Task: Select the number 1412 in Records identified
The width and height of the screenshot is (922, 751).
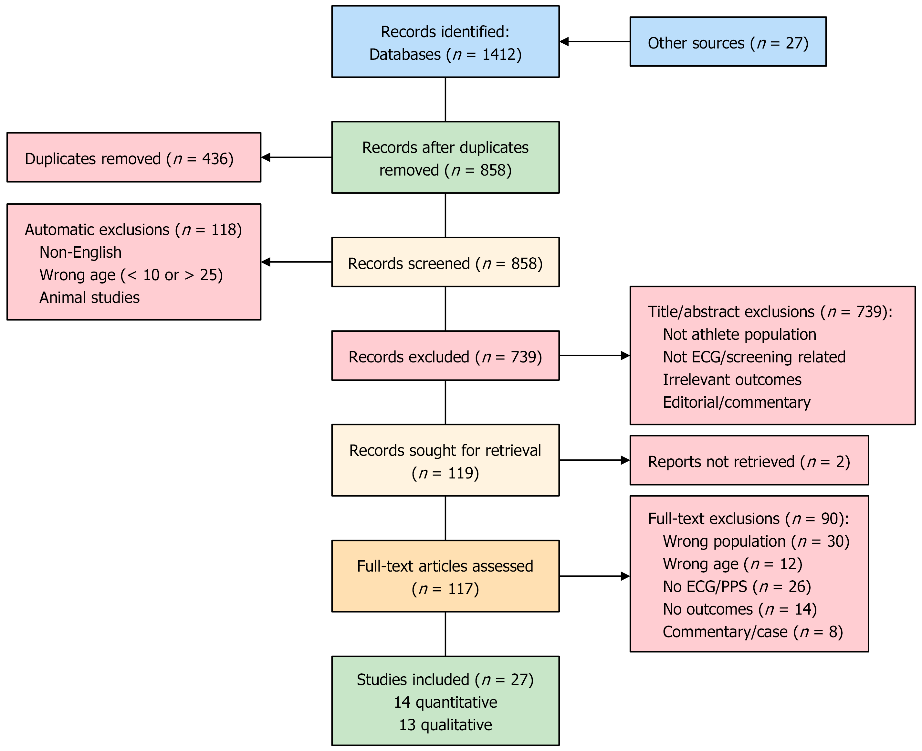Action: (x=499, y=55)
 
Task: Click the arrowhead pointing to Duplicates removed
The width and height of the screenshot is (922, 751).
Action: (x=266, y=157)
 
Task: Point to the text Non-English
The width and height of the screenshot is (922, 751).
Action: (x=80, y=252)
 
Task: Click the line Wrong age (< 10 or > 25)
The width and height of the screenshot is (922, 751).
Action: (x=131, y=275)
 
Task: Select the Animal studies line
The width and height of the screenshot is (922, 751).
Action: (x=89, y=298)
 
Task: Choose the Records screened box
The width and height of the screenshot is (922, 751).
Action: (x=445, y=262)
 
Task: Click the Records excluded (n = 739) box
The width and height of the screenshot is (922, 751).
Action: (x=445, y=356)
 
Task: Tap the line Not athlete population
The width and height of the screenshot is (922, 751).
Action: (x=739, y=334)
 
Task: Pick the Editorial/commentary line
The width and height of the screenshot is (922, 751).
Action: (x=737, y=402)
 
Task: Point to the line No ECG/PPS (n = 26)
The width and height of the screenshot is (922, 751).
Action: (x=737, y=587)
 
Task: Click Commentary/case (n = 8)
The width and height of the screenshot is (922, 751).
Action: (x=752, y=632)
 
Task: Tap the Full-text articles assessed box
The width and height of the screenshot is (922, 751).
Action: (x=445, y=576)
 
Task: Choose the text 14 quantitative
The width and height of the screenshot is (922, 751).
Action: (x=445, y=702)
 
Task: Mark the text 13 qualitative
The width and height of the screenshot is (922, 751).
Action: (x=445, y=725)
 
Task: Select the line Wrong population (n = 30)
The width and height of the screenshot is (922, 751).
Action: (x=756, y=542)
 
